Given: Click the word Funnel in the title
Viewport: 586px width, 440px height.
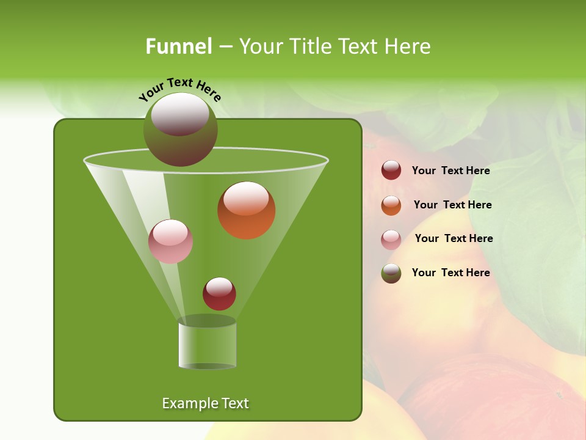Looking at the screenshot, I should point(178,46).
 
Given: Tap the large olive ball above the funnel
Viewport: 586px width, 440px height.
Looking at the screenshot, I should point(180,129).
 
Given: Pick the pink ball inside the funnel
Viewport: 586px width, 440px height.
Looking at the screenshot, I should point(170,241).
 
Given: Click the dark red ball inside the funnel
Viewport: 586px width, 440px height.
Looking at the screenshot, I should point(219,294).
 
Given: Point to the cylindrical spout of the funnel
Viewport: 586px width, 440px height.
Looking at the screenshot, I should point(207,345).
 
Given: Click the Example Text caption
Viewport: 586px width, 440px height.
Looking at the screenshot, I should point(205,403).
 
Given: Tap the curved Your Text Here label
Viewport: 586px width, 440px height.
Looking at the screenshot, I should point(179,89).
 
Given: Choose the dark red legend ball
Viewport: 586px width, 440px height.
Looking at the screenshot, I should point(391,170).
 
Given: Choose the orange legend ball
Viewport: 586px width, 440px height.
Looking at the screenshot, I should point(391,205).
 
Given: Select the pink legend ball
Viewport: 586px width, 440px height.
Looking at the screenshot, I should point(391,239).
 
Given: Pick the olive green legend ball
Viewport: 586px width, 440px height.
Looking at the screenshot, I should point(391,273).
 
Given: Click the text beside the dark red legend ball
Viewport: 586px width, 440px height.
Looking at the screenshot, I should point(450,170).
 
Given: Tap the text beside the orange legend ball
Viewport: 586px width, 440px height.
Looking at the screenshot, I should point(452,205).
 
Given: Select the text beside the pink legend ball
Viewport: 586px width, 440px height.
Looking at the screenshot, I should point(454,238).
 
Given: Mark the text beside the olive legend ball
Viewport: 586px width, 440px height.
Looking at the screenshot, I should point(450,273).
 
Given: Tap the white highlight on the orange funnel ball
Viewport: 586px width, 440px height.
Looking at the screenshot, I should point(246,199).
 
